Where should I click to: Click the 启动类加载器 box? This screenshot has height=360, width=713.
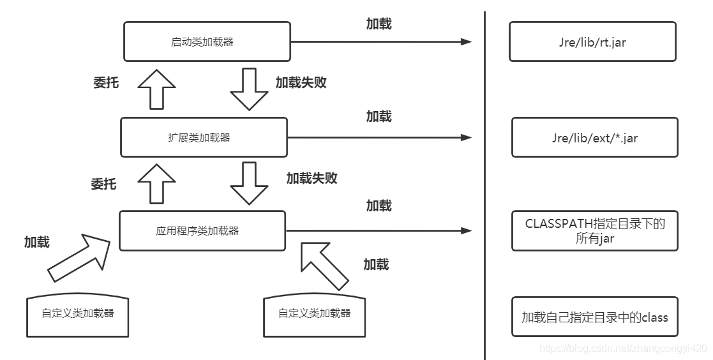point(207,41)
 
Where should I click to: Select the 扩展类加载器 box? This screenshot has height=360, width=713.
point(204,137)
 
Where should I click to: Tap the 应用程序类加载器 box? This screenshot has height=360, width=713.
point(202,230)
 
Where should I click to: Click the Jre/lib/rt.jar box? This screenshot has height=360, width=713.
point(592,41)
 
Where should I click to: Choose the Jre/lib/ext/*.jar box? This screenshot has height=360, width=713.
point(595,137)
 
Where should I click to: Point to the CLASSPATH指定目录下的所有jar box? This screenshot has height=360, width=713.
point(595,230)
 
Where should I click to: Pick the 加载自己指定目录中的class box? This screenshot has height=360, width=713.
point(595,317)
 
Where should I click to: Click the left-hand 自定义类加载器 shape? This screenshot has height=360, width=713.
point(77,315)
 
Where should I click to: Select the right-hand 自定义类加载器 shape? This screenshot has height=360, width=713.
point(314,315)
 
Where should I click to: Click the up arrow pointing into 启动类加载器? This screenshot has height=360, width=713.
point(157,89)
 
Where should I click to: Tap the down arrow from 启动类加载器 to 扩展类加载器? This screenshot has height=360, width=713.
point(249,89)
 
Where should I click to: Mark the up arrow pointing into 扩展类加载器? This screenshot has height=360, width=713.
point(157,183)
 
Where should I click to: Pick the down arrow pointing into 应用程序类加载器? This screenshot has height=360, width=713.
point(249,183)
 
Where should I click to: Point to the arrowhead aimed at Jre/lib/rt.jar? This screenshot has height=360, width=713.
point(467,42)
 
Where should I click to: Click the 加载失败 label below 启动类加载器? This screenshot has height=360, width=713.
point(301,82)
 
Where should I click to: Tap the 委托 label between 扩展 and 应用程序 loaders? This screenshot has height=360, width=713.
point(103,184)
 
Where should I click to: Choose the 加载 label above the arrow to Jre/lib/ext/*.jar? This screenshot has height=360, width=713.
point(379,116)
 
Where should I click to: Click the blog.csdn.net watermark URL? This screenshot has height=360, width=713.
point(623,349)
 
